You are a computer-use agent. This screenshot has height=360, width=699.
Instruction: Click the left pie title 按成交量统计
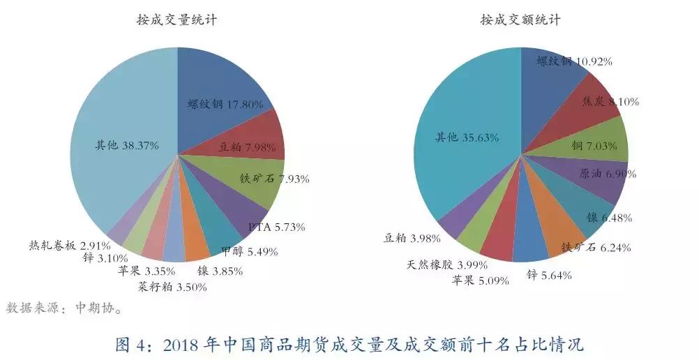coord(177,20)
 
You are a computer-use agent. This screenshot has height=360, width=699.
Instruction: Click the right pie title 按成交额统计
coord(520,20)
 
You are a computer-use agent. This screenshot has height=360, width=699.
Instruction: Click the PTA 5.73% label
coord(277,227)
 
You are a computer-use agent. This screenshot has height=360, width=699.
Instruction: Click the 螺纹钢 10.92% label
coord(574,61)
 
